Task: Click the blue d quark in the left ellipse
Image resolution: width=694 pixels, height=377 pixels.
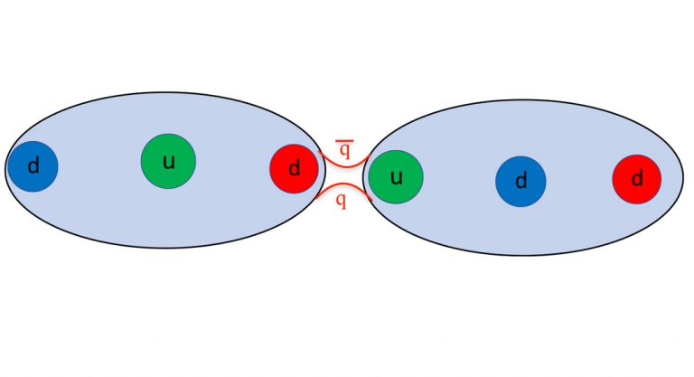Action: [33, 166]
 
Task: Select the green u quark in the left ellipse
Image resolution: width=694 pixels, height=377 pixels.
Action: [168, 161]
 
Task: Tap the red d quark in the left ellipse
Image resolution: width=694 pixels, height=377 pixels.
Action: [295, 169]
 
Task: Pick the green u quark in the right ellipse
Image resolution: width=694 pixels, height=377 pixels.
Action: [396, 177]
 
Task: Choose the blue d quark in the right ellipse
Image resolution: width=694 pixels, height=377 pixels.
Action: [520, 181]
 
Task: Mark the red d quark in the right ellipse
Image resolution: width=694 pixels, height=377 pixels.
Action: [637, 179]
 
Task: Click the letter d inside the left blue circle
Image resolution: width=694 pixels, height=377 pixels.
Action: [33, 165]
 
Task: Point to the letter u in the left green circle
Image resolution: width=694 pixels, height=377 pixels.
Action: [169, 162]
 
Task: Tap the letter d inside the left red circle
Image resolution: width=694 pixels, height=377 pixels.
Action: [295, 168]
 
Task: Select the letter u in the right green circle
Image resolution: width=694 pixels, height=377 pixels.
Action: [396, 177]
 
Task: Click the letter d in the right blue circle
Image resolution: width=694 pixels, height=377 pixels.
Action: [521, 180]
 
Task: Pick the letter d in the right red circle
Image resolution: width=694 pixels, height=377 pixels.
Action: [637, 178]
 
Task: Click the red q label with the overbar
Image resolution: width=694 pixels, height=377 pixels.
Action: [345, 149]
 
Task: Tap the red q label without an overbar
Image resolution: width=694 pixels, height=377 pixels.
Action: [341, 201]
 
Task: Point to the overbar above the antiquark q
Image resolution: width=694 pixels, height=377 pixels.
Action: [345, 141]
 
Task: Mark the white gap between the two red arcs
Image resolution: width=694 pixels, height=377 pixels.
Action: [344, 175]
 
